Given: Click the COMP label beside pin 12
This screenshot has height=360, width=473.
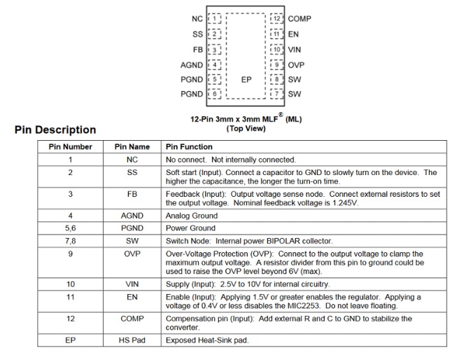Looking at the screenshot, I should (299, 19).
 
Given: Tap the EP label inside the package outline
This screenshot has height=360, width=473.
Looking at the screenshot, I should (246, 80).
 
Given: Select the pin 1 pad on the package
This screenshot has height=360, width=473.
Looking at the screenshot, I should (216, 19).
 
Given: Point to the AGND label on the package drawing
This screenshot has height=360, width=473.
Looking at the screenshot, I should (191, 65).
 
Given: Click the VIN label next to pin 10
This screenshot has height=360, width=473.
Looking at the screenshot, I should (295, 50).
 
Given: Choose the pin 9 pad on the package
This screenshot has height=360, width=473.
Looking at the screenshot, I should (277, 65).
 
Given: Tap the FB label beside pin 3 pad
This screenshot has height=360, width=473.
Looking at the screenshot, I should (197, 50).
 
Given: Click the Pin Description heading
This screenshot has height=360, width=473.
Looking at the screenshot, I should (55, 130).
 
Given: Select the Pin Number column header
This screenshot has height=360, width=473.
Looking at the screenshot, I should (70, 147).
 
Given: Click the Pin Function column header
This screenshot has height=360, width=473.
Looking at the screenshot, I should (189, 147).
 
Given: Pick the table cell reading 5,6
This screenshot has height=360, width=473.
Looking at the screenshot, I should (70, 228).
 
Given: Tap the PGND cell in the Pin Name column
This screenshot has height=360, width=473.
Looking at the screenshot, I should (132, 228).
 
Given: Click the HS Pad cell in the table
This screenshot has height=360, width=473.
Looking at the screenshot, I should (132, 340).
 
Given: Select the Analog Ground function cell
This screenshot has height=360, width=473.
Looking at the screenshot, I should (191, 216).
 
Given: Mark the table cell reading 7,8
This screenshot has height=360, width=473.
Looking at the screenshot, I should (70, 241).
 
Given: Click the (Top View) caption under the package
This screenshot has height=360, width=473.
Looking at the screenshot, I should (246, 128).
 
